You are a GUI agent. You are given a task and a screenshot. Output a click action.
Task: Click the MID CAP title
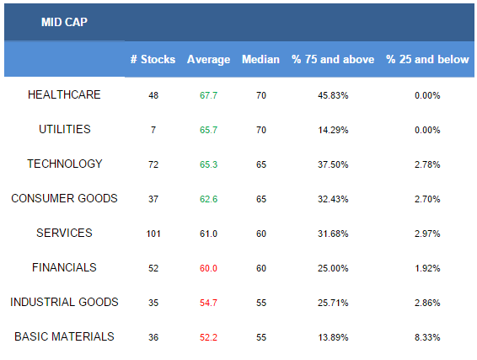(64, 22)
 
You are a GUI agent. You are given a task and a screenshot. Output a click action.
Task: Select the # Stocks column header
(153, 59)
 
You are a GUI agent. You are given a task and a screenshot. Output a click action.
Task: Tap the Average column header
(208, 60)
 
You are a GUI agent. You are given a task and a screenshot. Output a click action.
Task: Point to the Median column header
(260, 59)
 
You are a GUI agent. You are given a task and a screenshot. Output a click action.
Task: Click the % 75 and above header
(333, 59)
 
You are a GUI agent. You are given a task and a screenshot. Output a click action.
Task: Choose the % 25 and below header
(427, 59)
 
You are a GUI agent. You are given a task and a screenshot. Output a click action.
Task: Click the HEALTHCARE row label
(64, 94)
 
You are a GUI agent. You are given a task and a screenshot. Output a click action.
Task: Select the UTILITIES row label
(65, 129)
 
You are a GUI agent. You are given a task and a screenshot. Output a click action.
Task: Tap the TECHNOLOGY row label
(65, 164)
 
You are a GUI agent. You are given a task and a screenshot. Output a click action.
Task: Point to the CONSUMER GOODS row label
(64, 198)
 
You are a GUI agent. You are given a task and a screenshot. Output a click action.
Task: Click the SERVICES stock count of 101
(153, 234)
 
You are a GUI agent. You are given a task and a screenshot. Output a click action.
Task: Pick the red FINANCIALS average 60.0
(208, 268)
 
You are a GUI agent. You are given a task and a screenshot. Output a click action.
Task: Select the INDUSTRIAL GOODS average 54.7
(208, 303)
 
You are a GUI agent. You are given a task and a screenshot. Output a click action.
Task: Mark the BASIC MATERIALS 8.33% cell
(427, 337)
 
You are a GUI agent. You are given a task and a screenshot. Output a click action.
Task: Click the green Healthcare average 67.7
(208, 95)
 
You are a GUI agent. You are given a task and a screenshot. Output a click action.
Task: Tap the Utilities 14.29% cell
(333, 130)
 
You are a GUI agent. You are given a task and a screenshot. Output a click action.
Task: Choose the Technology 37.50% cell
(333, 164)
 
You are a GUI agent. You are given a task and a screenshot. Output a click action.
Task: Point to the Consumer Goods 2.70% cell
(427, 199)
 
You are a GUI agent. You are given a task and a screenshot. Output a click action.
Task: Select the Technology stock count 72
(153, 164)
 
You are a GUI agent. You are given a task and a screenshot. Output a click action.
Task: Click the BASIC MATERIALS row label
(64, 336)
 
